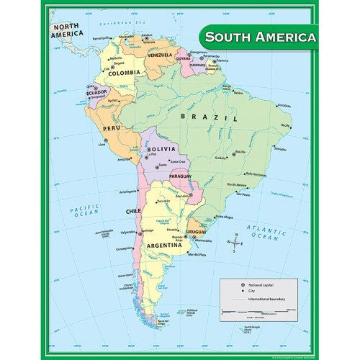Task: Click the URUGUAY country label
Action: pyautogui.click(x=197, y=231)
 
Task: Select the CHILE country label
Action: pyautogui.click(x=132, y=212)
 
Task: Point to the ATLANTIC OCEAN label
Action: pyautogui.click(x=266, y=233)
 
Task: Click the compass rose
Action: pyautogui.click(x=235, y=243)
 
